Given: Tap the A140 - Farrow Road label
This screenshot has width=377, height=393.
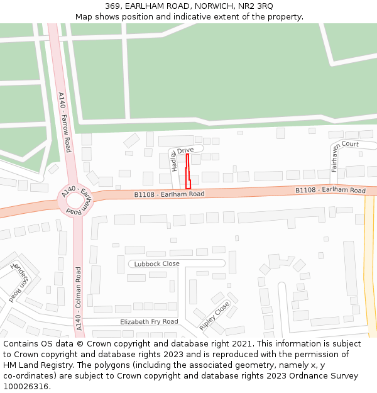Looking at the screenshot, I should (64, 123).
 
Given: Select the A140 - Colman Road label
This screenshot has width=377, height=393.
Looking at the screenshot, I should (79, 299).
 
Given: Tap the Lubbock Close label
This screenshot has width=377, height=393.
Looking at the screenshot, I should (156, 263).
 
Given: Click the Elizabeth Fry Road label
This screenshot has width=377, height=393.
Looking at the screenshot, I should (149, 321).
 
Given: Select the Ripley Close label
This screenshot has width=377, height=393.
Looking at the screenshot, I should (214, 316).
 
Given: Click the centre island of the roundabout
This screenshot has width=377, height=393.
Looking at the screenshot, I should (75, 201).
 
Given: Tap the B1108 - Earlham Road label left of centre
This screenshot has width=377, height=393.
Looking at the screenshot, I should (169, 195).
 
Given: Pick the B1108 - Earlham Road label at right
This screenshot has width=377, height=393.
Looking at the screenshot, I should (331, 191).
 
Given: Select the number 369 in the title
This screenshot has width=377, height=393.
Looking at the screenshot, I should (113, 6).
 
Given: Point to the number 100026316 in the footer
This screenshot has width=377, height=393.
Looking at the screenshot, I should (26, 387).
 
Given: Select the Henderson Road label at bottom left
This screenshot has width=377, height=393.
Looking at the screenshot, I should (16, 283).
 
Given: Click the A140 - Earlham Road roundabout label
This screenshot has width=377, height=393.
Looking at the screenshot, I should (75, 201).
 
